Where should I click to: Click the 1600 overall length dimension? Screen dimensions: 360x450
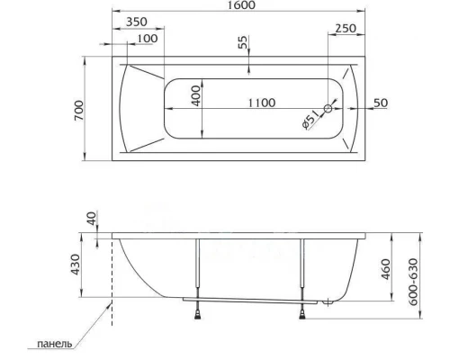(238, 6)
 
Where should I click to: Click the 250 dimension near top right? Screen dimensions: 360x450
(345, 29)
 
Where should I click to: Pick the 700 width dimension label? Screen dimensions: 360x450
(80, 112)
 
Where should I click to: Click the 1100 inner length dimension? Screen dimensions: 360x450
(261, 103)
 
